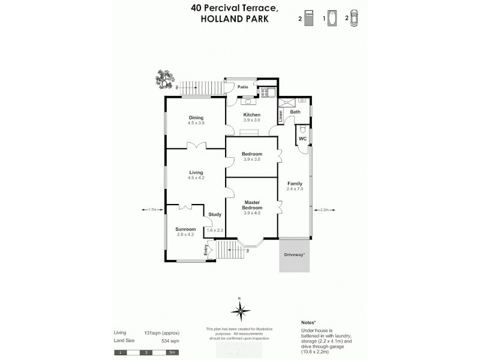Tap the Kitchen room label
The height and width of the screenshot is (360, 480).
pos(251,115)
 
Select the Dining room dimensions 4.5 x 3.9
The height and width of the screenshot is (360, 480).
pos(196,123)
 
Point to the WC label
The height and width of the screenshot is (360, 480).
pos(302,139)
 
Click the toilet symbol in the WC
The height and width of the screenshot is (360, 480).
pos(303,130)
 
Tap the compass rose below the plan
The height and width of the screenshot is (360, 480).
pos(239,310)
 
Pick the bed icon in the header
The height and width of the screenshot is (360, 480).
pos(308,19)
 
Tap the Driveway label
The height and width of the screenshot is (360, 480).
pos(294,255)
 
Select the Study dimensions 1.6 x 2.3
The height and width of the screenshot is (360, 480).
pos(215,230)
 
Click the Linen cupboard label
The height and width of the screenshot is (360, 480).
pos(280,115)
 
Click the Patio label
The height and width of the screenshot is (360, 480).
pos(242,87)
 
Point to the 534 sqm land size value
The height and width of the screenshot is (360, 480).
pos(170,340)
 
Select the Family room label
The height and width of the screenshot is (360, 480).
pos(295,183)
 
